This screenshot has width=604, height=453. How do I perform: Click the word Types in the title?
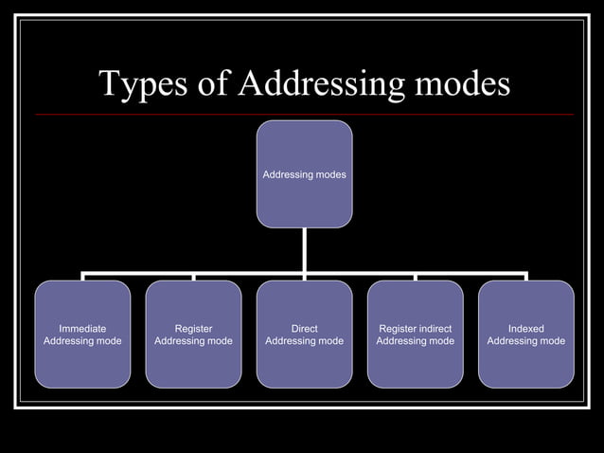coord(142,84)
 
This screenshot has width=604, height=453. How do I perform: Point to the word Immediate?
coord(82,329)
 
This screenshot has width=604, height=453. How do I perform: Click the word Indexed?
coord(525,329)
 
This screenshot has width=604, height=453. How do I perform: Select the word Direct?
coord(304,329)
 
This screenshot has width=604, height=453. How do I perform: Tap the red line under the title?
coord(304,115)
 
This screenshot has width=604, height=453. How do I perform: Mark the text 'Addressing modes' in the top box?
coord(304,174)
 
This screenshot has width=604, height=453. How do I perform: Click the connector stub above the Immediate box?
coord(83,277)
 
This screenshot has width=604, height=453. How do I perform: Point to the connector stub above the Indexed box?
coord(525,277)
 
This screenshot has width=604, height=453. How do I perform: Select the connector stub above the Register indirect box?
coord(415,277)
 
